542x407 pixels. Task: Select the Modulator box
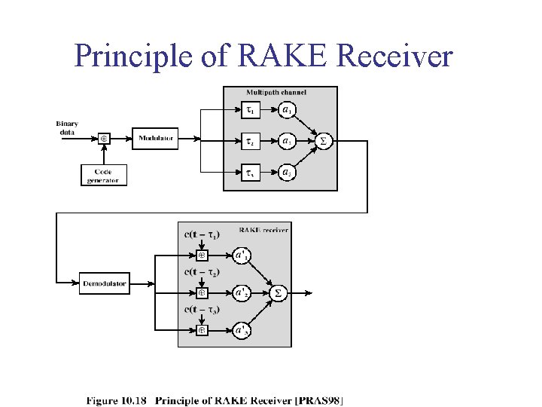tap(157, 139)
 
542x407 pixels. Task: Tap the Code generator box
tap(103, 176)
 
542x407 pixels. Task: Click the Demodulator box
tap(105, 284)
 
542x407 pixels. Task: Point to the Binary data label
tap(67, 127)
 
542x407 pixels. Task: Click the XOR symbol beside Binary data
tap(104, 139)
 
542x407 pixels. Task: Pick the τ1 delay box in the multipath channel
tap(251, 111)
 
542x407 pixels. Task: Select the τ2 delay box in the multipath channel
tap(251, 141)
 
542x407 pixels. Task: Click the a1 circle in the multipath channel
tap(287, 111)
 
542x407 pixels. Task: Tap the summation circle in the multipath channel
tap(324, 141)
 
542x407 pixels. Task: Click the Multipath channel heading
tap(276, 92)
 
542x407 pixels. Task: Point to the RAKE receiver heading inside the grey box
tap(263, 230)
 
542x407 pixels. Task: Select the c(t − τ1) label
tap(202, 235)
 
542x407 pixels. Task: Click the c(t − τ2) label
tap(202, 272)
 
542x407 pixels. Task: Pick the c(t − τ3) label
tap(202, 309)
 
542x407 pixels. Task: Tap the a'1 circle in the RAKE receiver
tap(242, 256)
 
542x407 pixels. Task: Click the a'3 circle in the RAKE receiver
tap(242, 330)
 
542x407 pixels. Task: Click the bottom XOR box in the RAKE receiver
tap(202, 330)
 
